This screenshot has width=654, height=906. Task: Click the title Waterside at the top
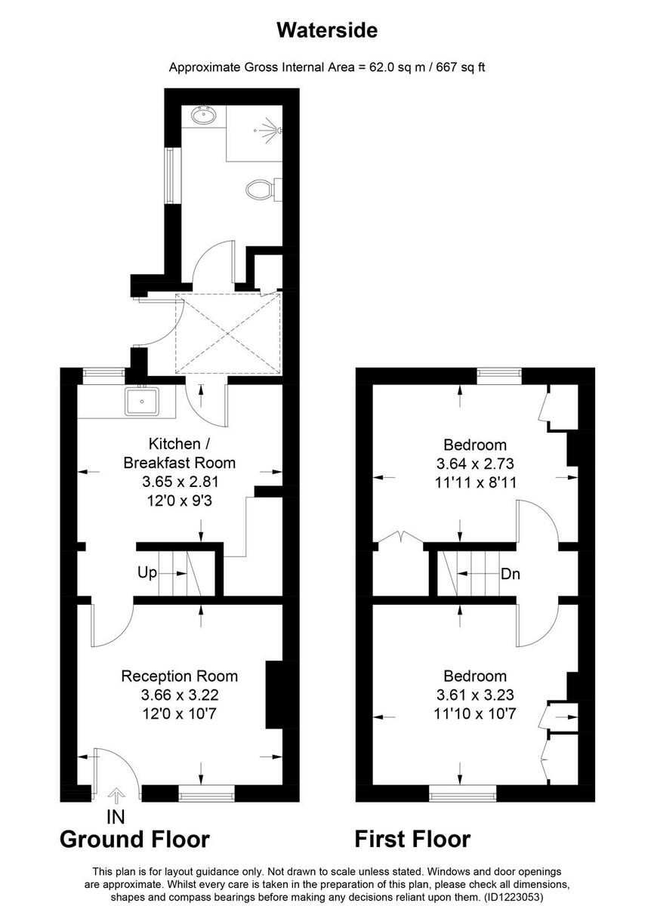point(326,30)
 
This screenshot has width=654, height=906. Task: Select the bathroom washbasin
point(204,116)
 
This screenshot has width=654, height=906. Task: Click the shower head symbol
point(273,128)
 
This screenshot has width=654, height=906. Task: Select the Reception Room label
point(179,676)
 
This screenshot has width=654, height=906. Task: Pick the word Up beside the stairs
point(147,573)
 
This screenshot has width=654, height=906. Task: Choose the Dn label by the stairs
point(511,574)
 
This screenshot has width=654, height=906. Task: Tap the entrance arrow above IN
point(116,795)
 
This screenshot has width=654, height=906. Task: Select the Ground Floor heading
point(134,839)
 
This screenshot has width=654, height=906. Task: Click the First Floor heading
point(412,839)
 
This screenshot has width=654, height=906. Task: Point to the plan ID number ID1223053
point(511,897)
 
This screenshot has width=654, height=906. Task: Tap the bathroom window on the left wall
point(170,175)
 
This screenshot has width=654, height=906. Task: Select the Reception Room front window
point(206,793)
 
